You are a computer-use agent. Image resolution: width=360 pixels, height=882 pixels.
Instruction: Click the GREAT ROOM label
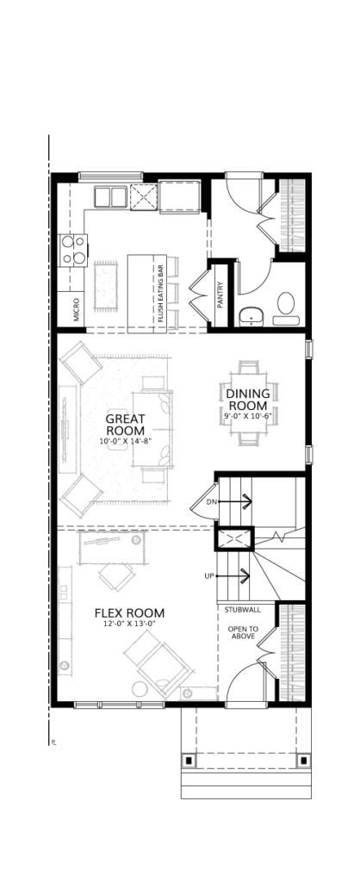click(126, 424)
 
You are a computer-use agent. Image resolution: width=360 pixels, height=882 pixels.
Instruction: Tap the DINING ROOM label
click(247, 400)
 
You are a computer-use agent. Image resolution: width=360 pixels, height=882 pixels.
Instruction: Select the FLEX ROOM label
click(129, 612)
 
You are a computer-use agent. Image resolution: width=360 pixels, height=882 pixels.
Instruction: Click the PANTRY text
click(220, 295)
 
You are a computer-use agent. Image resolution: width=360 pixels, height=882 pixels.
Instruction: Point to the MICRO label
click(76, 309)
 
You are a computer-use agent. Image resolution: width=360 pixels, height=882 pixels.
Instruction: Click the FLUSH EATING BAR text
click(160, 293)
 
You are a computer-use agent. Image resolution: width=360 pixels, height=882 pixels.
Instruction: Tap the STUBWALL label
click(242, 610)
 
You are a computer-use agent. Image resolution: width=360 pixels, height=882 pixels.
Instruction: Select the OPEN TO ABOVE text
click(242, 632)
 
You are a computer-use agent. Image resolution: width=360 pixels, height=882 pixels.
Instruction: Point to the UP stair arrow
click(233, 575)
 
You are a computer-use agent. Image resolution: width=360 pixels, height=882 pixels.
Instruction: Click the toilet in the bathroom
click(286, 308)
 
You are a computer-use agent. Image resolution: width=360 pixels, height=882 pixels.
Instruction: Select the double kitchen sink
click(110, 197)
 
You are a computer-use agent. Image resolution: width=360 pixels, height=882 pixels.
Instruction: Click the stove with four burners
click(73, 251)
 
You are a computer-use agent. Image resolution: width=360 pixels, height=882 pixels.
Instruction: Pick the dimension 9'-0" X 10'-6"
click(247, 417)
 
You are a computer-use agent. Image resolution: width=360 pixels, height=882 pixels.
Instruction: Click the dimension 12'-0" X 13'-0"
click(129, 624)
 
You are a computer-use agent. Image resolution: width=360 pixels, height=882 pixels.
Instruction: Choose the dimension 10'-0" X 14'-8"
click(126, 442)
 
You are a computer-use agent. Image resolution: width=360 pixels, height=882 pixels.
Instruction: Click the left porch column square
click(189, 760)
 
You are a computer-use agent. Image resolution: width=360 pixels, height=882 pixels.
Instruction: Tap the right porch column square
click(304, 760)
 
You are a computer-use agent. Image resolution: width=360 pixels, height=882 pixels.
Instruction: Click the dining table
click(247, 404)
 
